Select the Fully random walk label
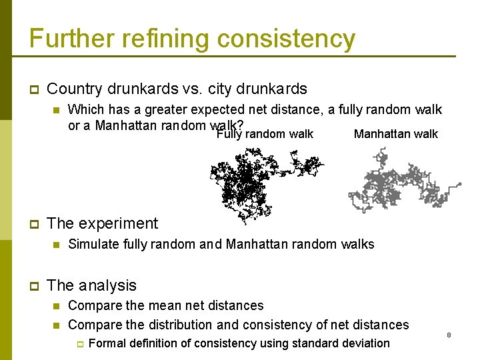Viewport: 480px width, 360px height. click(265, 134)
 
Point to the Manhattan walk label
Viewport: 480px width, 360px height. click(395, 134)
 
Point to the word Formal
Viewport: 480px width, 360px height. click(107, 343)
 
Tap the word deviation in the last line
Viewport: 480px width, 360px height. click(363, 343)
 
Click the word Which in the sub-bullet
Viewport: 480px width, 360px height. click(85, 109)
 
